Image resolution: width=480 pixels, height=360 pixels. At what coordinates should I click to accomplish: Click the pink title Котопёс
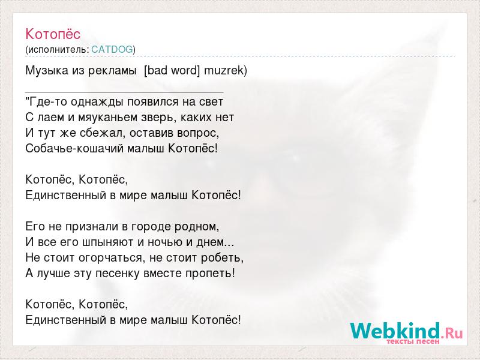coord(53,34)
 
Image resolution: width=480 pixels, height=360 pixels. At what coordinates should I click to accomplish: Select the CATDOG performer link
coord(112,50)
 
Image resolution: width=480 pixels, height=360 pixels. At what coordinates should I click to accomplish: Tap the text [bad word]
coord(172,71)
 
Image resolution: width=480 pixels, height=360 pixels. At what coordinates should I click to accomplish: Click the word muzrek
coord(226,71)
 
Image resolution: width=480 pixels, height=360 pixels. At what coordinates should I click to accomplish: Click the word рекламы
coord(112,71)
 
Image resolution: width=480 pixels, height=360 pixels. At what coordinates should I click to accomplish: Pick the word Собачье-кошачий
coord(74,148)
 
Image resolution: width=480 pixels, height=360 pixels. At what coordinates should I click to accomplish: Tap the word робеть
coord(222,258)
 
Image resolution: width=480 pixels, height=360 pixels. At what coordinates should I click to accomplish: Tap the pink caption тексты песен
coord(413,341)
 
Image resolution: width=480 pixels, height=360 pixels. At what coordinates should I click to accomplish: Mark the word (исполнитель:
coord(57,50)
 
